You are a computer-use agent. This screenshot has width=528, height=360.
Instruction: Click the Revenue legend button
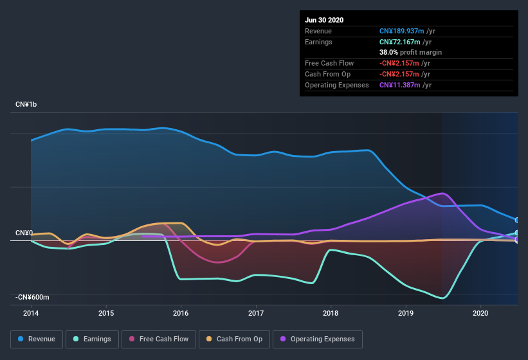point(37,339)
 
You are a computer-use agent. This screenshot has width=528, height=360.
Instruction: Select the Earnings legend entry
point(93,339)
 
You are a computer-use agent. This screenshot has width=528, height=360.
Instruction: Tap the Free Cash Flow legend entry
point(159,339)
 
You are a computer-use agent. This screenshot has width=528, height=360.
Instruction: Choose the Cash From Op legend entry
point(234,339)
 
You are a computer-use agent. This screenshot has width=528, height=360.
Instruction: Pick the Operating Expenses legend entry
point(317,339)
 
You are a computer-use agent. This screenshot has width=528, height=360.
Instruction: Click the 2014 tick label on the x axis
point(31,313)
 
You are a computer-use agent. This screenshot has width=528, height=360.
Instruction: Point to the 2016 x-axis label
point(181,313)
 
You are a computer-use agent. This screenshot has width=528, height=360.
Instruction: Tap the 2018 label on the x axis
point(331,313)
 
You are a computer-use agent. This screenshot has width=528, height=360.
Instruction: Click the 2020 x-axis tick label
point(480,313)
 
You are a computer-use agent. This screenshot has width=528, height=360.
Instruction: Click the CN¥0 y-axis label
point(24,233)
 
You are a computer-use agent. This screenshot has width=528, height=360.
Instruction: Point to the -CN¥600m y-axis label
point(33,297)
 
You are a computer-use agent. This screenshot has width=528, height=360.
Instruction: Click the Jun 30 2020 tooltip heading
point(324,20)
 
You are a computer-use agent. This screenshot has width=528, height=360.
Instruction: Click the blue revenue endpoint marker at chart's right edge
point(517,220)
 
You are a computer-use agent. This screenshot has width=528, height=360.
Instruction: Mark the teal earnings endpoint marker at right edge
point(517,233)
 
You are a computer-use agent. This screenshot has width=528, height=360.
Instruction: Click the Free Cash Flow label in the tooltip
point(328,63)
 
